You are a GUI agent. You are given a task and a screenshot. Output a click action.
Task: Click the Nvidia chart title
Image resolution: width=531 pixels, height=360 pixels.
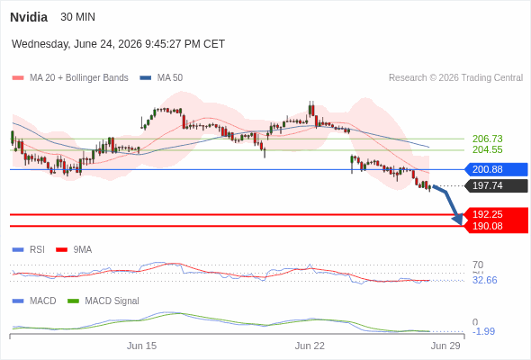click(29, 17)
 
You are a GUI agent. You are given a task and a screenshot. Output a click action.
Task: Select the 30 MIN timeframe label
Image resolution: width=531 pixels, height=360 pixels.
click(77, 17)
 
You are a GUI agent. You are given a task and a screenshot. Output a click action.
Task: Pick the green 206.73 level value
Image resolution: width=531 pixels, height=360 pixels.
click(487, 139)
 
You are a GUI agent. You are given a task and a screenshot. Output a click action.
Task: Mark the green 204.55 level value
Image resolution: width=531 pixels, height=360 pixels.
click(487, 149)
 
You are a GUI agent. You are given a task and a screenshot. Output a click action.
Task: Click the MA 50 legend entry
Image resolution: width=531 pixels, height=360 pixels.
click(161, 78)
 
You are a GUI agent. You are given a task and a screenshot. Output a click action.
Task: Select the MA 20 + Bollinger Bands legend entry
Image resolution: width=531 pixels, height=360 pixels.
click(70, 78)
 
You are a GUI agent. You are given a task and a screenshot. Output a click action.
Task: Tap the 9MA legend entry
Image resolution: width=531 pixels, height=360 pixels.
click(74, 249)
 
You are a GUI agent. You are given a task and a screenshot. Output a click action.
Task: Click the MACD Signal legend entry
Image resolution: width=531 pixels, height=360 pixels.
click(103, 301)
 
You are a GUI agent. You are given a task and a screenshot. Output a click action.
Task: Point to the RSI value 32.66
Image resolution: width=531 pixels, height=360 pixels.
click(484, 280)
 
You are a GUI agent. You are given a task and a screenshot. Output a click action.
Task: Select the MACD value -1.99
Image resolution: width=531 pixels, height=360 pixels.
click(483, 331)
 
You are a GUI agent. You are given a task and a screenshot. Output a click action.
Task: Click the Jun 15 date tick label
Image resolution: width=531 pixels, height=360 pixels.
click(141, 346)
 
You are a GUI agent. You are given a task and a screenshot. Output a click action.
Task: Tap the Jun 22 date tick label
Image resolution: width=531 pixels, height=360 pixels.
click(310, 346)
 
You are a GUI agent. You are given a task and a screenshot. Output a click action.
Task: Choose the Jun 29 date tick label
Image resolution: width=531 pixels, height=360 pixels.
click(445, 346)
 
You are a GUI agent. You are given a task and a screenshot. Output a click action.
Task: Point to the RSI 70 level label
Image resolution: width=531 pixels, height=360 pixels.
click(478, 265)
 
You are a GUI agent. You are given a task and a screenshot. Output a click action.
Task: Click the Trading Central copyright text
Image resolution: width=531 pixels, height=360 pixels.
click(455, 78)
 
